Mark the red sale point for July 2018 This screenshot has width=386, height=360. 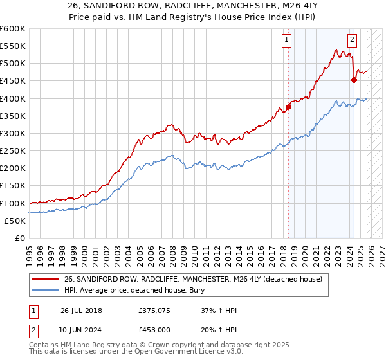[288, 107]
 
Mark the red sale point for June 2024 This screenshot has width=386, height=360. [354, 80]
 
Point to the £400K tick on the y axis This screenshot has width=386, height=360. [13, 98]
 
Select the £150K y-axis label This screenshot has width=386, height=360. [13, 186]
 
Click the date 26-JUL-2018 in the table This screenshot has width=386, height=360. [81, 310]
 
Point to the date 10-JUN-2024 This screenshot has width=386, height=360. [81, 330]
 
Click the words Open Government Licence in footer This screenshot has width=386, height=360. [187, 353]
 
